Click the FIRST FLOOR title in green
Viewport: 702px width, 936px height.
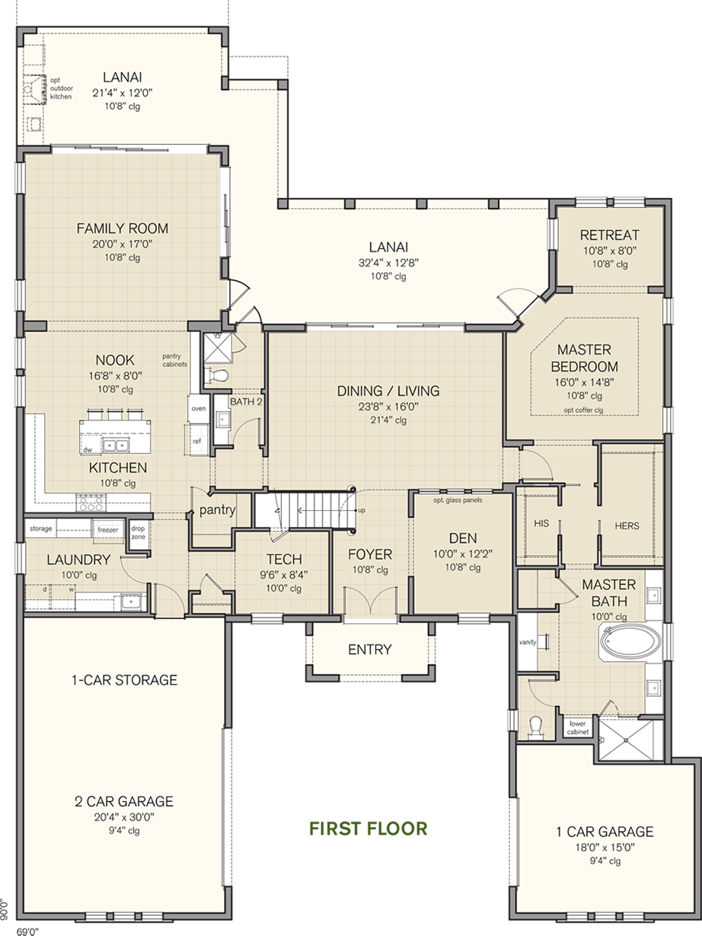coord(369,829)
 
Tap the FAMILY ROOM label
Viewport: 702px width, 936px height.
coord(123,228)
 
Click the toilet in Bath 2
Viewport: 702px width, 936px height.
coord(219,375)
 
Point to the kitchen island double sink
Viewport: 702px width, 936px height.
coord(116,445)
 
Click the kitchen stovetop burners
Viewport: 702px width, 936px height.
coord(91,503)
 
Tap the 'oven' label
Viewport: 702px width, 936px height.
coord(199,408)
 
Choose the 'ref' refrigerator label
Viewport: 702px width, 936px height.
coord(196,441)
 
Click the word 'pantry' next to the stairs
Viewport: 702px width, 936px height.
coord(218,510)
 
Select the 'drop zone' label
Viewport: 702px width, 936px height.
coord(138,532)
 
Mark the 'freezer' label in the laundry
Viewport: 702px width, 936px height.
coord(108,529)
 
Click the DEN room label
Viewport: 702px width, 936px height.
coord(463,538)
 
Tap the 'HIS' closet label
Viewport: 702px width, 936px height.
coord(541,523)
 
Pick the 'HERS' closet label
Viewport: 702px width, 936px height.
coord(627,526)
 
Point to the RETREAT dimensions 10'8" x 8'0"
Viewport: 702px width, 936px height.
coord(610,251)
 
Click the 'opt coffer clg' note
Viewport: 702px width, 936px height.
coord(583,410)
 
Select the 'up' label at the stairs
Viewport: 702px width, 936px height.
coord(362,510)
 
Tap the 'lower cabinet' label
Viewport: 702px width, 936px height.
coord(578,727)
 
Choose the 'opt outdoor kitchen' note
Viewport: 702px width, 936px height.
coord(62,88)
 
